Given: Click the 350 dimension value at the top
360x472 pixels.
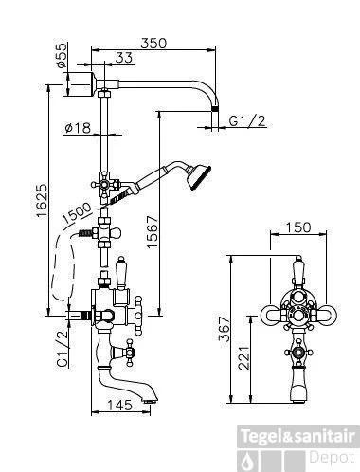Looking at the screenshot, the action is [153, 44].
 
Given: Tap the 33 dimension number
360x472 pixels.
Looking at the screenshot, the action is [124, 58].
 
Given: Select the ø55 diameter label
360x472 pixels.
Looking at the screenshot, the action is [62, 55].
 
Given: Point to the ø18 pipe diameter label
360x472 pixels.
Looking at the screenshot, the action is [78, 128].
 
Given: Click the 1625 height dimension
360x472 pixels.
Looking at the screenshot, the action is [42, 201].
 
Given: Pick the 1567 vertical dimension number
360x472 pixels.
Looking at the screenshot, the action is [153, 232].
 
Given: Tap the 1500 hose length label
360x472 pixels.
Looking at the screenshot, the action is [77, 212].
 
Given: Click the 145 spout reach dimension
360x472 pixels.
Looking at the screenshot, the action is [119, 405].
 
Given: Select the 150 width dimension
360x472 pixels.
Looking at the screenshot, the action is [298, 227].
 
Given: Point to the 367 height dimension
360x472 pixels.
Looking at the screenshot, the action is [224, 329].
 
